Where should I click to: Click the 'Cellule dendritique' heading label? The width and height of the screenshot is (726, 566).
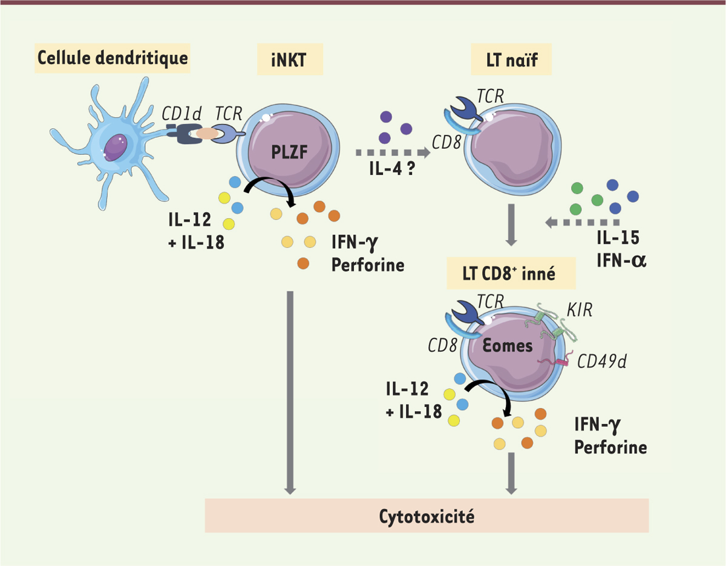113,58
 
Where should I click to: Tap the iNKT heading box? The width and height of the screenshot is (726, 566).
290,59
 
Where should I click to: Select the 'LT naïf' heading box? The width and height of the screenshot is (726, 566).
511,59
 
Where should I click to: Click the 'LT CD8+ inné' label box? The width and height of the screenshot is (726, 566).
511,273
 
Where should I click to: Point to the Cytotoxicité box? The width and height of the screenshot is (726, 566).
427,516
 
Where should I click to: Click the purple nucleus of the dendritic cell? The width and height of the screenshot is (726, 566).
116,148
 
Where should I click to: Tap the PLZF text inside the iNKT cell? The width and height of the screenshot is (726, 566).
289,152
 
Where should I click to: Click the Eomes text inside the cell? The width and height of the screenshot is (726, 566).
508,346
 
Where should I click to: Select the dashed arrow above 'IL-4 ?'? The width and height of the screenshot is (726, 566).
393,152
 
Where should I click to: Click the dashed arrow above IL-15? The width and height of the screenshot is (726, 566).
583,222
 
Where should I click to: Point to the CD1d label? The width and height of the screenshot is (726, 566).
181,114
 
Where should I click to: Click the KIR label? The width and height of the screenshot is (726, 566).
580,310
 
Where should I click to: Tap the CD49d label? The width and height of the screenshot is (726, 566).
602,361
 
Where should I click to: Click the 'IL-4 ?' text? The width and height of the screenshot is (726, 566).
392,169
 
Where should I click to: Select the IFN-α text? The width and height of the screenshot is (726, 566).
621,261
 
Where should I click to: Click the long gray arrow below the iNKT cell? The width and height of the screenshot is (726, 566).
290,392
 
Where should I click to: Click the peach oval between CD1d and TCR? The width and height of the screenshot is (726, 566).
207,134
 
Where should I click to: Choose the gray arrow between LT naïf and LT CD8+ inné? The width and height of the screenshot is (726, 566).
511,225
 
